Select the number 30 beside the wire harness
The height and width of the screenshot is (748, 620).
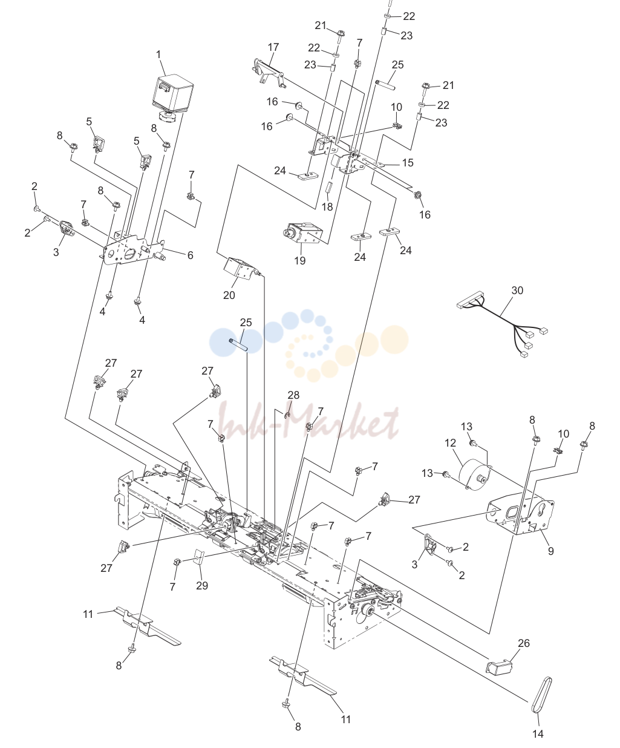click(x=517, y=290)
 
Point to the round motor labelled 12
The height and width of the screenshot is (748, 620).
click(x=475, y=474)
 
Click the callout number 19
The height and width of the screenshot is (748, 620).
click(x=300, y=260)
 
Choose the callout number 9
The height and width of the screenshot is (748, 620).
click(x=551, y=551)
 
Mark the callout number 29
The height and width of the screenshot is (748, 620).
click(x=202, y=585)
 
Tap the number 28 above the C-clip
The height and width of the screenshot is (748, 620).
click(x=293, y=395)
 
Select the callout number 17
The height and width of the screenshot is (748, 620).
click(x=273, y=47)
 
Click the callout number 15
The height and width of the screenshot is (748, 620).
click(x=408, y=163)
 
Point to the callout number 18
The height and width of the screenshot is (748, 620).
click(x=327, y=207)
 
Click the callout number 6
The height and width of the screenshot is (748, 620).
click(x=190, y=255)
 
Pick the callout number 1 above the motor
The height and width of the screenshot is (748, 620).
click(x=158, y=55)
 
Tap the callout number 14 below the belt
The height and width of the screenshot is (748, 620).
click(x=538, y=733)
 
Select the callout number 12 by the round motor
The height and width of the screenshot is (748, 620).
click(x=450, y=443)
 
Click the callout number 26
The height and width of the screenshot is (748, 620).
click(x=524, y=643)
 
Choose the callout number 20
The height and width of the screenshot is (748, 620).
click(x=229, y=295)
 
